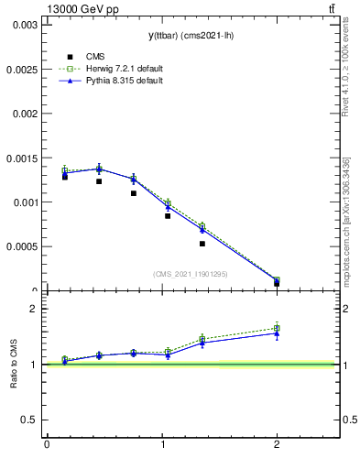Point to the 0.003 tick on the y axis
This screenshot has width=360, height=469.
25,25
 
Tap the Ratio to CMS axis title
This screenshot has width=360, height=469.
14,365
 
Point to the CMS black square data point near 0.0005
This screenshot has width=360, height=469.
202,244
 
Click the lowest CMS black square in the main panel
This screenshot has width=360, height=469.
277,283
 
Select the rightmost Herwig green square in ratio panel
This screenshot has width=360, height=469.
277,328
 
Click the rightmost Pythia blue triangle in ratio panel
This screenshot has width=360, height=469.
277,333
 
